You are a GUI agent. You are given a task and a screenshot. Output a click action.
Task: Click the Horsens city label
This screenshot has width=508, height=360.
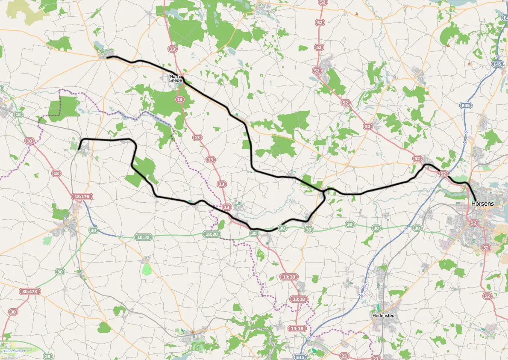click(482, 204)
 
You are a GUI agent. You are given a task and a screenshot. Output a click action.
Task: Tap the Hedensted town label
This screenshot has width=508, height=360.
click(383, 316)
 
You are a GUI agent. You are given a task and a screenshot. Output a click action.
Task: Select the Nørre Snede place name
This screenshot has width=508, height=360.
click(176, 78)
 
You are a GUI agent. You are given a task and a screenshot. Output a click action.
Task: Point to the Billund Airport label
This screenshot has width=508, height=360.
click(13, 351)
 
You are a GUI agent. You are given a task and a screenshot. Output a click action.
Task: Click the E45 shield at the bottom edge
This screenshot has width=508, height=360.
click(300, 356)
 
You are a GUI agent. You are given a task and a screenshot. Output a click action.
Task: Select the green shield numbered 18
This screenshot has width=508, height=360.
click(18, 114)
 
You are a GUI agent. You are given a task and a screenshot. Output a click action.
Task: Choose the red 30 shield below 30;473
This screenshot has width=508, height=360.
click(13, 312)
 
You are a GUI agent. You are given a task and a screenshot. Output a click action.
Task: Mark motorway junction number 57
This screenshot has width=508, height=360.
click(405, 230)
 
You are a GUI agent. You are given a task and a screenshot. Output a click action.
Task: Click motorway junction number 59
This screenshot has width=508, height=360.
click(309, 338)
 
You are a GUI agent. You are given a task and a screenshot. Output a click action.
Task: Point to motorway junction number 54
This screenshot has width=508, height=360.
click(497, 57)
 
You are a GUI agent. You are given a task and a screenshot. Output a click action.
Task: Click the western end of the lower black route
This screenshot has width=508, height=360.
click(79, 149)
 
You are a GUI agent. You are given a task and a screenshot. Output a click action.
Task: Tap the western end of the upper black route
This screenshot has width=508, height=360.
click(107, 57)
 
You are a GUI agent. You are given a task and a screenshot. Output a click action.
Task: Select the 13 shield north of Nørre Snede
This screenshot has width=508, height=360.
click(172, 49)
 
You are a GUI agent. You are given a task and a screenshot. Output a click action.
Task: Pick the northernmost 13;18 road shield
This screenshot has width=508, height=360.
click(288, 277)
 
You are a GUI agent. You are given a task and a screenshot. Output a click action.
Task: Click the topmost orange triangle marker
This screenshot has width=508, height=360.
click(356, 14)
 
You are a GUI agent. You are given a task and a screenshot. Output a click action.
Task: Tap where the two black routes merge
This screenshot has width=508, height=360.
click(325, 191)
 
